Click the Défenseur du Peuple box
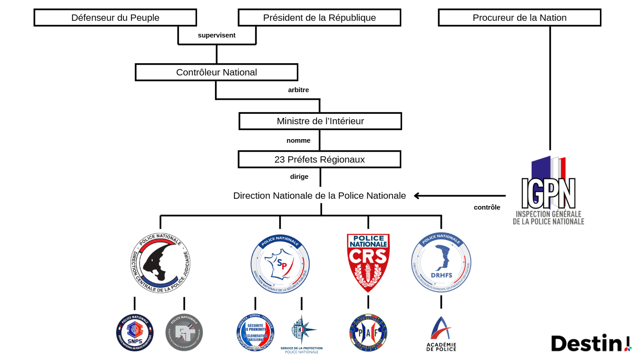[x=115, y=18]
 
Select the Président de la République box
[x=319, y=18]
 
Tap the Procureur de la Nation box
[x=519, y=18]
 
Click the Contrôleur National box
[x=216, y=72]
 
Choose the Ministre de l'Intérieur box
[x=320, y=121]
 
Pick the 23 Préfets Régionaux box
[x=319, y=159]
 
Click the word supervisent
[x=216, y=35]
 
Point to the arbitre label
[x=299, y=90]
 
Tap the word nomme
[x=298, y=140]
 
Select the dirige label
[x=299, y=177]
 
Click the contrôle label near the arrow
[x=487, y=207]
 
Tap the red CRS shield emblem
[x=368, y=262]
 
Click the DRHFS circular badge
[x=441, y=262]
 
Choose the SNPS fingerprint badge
[x=135, y=332]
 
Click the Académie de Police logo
[x=441, y=334]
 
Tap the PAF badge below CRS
[x=368, y=332]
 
